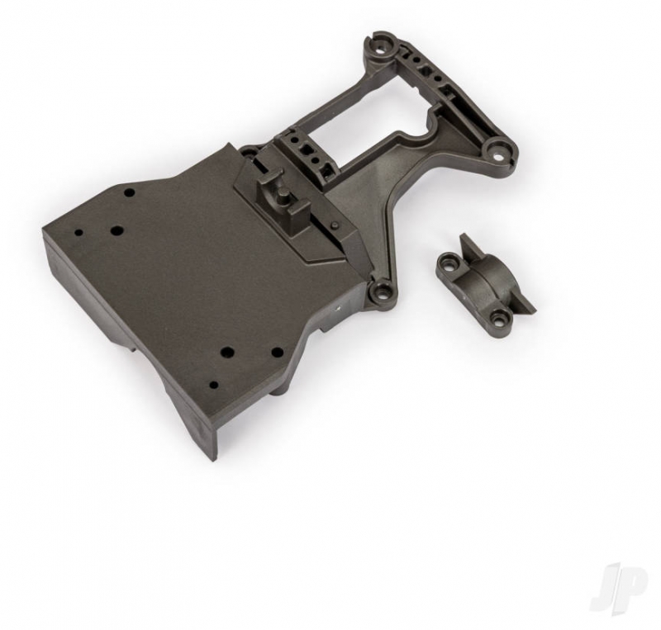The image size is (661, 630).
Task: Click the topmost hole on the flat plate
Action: pyautogui.click(x=130, y=192)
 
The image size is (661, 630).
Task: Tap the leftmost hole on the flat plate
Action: pyautogui.click(x=79, y=232)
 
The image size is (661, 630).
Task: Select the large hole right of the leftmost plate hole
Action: pyautogui.click(x=117, y=230)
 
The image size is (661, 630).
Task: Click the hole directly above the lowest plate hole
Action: pyautogui.click(x=229, y=351)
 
